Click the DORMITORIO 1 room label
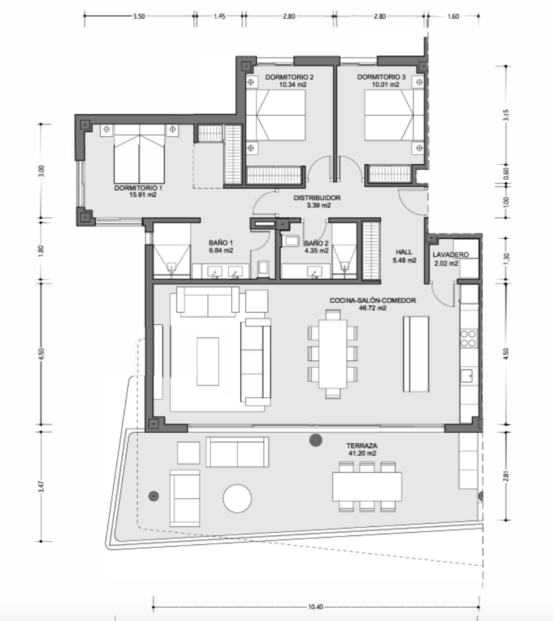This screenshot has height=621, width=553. pyautogui.click(x=138, y=188)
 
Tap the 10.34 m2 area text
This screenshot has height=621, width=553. pyautogui.click(x=293, y=85)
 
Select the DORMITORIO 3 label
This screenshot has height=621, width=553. pyautogui.click(x=381, y=77)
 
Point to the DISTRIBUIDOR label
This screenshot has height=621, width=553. pyautogui.click(x=317, y=198)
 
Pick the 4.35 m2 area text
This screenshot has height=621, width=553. pyautogui.click(x=316, y=251)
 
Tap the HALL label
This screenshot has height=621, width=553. pyautogui.click(x=404, y=252)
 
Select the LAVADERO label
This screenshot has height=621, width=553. pyautogui.click(x=450, y=255)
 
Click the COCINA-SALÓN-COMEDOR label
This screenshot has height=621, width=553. pyautogui.click(x=373, y=300)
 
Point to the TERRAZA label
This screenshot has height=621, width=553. pyautogui.click(x=362, y=446)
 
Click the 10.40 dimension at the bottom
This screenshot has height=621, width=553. pyautogui.click(x=315, y=606)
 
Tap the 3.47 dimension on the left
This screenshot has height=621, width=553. pyautogui.click(x=41, y=486)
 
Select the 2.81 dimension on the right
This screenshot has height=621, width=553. pyautogui.click(x=506, y=476)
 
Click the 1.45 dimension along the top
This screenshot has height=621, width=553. pyautogui.click(x=219, y=16)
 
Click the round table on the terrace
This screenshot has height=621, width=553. pyautogui.click(x=237, y=499)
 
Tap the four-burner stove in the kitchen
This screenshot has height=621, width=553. pyautogui.click(x=468, y=339)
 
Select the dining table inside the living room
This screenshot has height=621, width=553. pyautogui.click(x=333, y=354)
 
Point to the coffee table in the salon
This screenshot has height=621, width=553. pyautogui.click(x=208, y=361)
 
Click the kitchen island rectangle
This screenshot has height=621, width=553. pyautogui.click(x=416, y=354)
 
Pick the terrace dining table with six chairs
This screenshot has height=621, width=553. pyautogui.click(x=367, y=486)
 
